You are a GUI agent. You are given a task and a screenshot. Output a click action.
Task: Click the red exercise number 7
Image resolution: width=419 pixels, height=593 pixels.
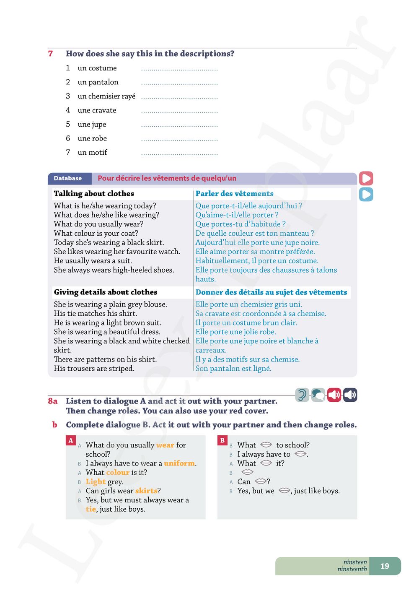tap(50, 54)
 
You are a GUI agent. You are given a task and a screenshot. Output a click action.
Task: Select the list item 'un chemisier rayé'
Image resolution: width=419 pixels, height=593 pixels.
tap(106, 96)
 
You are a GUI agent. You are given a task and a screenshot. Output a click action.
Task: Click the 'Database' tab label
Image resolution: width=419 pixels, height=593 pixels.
tap(68, 178)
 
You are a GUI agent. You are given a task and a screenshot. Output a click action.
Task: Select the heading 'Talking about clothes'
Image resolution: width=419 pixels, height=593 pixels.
tap(94, 194)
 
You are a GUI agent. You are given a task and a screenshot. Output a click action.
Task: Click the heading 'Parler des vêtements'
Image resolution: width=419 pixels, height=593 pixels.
tap(234, 194)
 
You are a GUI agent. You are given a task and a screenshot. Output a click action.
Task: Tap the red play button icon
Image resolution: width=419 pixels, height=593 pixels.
tap(366, 178)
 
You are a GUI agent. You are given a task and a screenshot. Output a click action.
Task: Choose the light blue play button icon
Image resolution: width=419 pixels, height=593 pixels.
tap(366, 194)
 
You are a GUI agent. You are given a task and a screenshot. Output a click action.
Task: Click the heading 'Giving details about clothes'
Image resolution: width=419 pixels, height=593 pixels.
tap(106, 292)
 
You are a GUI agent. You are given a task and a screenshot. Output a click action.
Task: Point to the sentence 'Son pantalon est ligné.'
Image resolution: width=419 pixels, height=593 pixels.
tap(233, 369)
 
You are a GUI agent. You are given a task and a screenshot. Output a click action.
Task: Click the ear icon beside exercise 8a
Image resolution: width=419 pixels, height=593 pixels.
tap(302, 395)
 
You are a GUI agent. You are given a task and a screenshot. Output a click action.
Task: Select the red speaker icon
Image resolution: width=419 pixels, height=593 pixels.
tap(334, 395)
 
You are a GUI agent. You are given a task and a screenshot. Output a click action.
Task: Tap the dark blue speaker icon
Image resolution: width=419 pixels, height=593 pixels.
tap(350, 395)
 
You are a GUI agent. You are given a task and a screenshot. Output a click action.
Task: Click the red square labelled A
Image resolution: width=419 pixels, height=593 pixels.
tap(71, 440)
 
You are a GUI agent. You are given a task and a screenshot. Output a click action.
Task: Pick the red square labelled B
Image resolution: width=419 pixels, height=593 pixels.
tap(222, 440)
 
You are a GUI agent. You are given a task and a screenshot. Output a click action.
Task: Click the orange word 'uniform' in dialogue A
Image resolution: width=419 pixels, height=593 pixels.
tap(179, 463)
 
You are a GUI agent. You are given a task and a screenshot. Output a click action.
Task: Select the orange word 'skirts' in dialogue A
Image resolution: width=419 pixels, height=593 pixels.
tap(146, 491)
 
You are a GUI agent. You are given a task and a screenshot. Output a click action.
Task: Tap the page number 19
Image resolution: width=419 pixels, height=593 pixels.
tap(385, 566)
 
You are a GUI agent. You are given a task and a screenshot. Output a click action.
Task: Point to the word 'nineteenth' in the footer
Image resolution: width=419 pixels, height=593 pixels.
tap(352, 570)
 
